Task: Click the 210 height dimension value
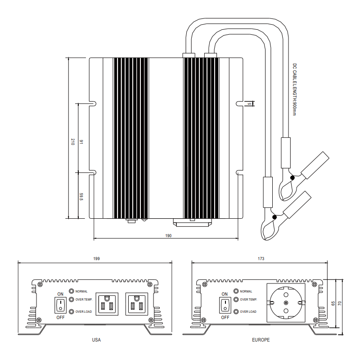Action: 72,142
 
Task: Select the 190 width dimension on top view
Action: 169,235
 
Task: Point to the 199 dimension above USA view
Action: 96,258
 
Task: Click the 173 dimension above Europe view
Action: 261,258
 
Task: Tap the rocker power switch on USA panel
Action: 60,306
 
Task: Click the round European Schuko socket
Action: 286,302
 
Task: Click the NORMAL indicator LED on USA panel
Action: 72,292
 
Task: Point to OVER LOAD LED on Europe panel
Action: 237,311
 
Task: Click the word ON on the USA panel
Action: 60,294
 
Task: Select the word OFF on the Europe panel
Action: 225,317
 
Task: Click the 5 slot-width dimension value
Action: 248,103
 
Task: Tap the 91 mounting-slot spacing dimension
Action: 81,142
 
